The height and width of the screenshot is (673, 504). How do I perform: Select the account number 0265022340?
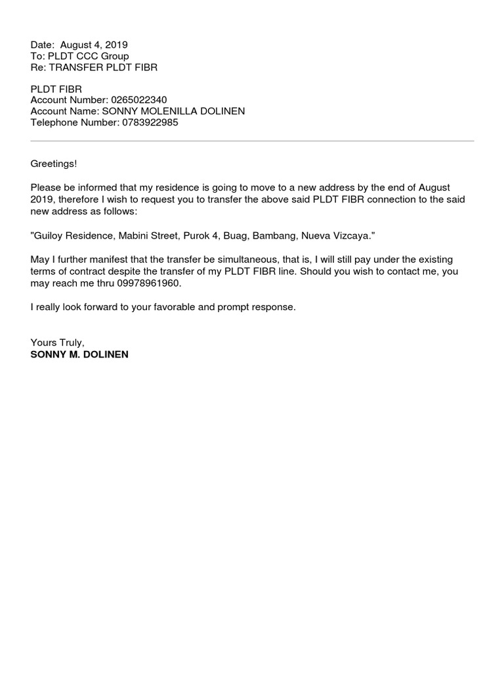click(x=139, y=100)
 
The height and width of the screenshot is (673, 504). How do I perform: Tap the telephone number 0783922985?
click(x=150, y=122)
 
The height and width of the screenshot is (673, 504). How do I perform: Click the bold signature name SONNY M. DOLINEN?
click(x=79, y=354)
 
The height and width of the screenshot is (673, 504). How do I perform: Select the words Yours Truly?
click(x=57, y=343)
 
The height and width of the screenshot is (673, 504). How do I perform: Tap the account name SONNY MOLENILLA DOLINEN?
click(x=173, y=111)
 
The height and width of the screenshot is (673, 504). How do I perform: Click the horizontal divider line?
click(x=252, y=141)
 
